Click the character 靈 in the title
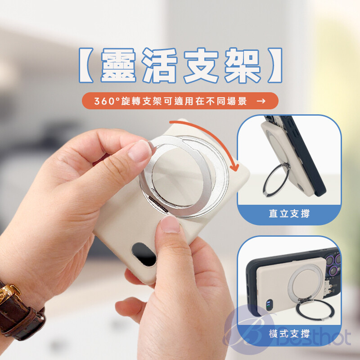click(x=118, y=65)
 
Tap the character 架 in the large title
click(x=243, y=65)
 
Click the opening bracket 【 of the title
click(x=86, y=65)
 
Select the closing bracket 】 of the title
click(x=274, y=65)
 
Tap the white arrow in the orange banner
click(x=261, y=101)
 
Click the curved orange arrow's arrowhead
click(x=234, y=167)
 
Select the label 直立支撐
click(x=289, y=213)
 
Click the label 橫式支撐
click(x=289, y=334)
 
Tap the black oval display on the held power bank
click(x=144, y=254)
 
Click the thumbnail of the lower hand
click(x=170, y=224)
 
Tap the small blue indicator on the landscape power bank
click(x=269, y=305)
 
